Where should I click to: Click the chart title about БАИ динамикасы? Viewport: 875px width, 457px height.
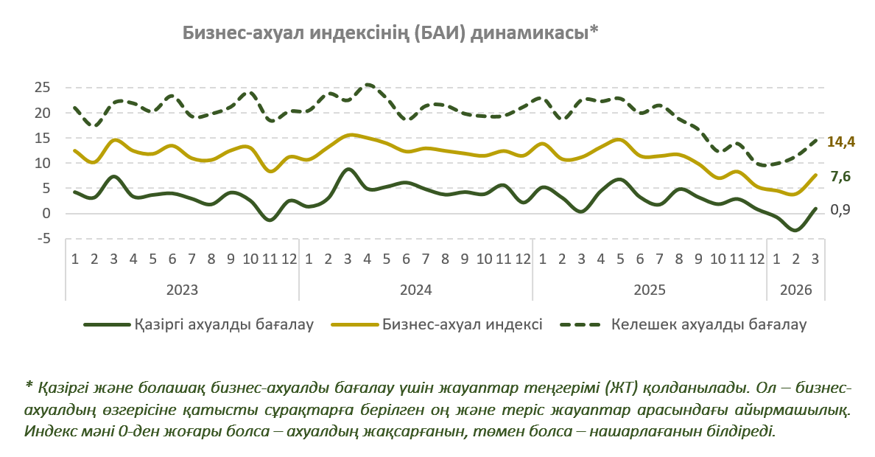(390, 33)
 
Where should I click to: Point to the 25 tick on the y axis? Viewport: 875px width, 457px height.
(42, 88)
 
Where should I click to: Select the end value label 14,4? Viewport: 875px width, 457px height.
(840, 142)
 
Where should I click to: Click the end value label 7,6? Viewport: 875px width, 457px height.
(840, 177)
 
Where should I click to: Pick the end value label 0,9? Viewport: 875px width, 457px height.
(840, 210)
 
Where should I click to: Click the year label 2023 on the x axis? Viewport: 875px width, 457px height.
(182, 290)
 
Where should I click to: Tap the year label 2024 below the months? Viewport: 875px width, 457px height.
(415, 290)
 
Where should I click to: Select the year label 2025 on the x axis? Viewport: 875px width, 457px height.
(649, 290)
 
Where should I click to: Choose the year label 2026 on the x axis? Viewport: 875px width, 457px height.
(795, 290)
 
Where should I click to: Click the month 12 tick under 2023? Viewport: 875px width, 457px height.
(289, 259)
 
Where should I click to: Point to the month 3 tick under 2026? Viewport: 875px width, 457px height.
(815, 259)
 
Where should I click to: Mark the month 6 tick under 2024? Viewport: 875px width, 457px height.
(406, 259)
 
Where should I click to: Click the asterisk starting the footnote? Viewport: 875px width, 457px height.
(29, 386)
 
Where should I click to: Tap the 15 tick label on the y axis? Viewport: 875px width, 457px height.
(42, 138)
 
